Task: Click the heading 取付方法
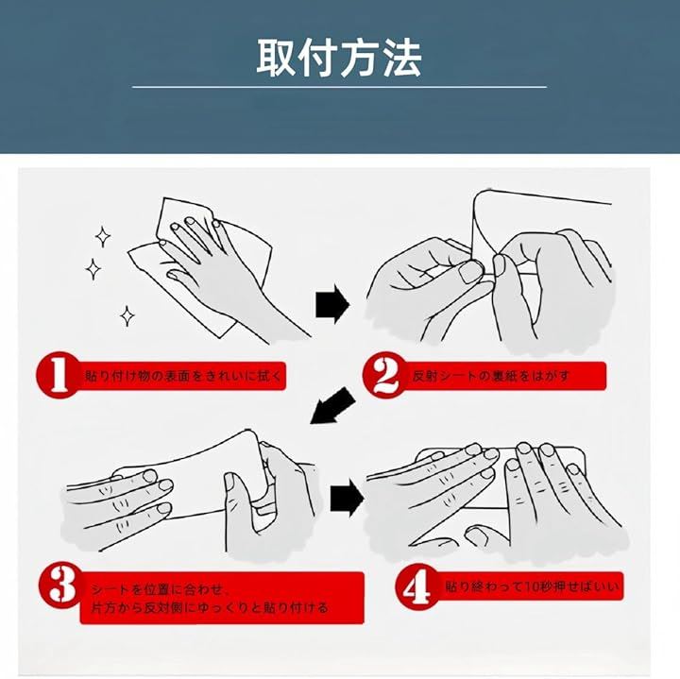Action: click(339, 59)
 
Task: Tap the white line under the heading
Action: click(339, 87)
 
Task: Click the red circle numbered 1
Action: click(58, 375)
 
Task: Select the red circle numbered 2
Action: click(384, 376)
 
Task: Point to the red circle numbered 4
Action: click(417, 587)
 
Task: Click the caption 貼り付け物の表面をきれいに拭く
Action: click(183, 376)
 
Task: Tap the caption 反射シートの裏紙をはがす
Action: click(490, 376)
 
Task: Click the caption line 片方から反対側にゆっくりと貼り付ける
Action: click(210, 607)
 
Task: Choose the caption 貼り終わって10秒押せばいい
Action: click(532, 587)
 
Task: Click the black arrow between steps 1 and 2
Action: click(332, 304)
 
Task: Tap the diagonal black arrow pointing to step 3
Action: click(332, 406)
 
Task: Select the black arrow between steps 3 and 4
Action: click(347, 499)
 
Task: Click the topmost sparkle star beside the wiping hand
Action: click(103, 237)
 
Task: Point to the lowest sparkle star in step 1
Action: click(127, 315)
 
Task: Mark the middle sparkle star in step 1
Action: click(93, 269)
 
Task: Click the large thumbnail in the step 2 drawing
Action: click(470, 271)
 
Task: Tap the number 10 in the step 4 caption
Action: click(531, 587)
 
